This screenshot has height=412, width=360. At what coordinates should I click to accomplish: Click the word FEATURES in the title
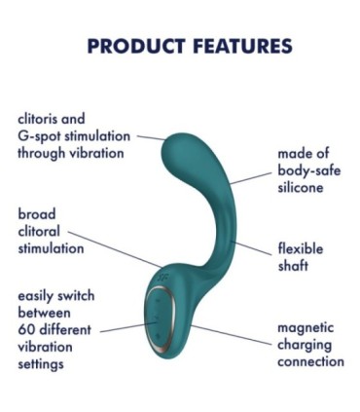237,46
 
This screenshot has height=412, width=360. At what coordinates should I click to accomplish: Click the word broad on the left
37,214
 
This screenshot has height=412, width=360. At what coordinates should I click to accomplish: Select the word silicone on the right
301,187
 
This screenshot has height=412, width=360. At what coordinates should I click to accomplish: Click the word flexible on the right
301,247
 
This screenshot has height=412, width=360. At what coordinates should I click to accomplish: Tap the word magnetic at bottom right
306,328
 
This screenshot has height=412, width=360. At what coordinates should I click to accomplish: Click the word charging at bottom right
305,345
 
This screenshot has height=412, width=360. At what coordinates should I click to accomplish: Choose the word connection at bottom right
310,361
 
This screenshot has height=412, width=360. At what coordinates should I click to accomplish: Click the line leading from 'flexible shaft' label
255,249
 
